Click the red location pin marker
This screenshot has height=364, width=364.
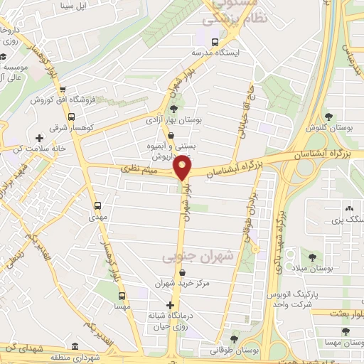183,168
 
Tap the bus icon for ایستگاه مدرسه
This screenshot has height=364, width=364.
215,41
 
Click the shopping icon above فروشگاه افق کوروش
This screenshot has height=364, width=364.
63,90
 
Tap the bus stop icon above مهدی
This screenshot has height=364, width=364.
98,205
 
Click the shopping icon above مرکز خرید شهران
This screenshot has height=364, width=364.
183,272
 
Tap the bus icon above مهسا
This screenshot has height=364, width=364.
122,295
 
